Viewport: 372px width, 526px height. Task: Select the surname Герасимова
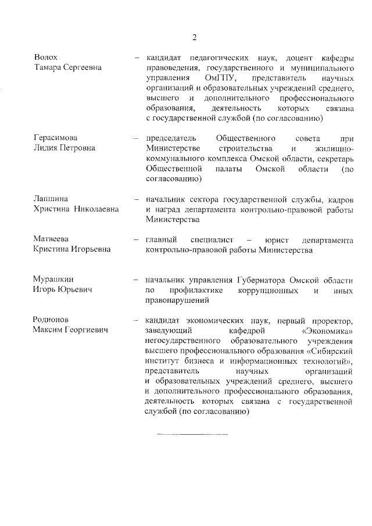(x=56, y=138)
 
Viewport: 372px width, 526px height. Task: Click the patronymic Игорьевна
(x=90, y=250)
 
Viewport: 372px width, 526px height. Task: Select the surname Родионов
(x=52, y=320)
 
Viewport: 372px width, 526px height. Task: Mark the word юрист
(x=278, y=239)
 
